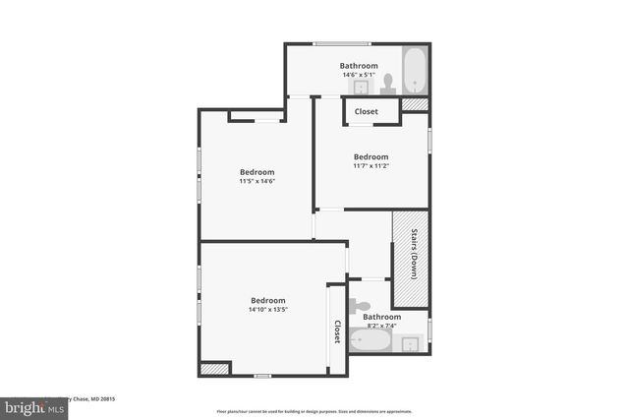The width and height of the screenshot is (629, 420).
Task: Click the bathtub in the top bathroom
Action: (x=415, y=70)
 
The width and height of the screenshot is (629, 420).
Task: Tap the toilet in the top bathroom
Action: (x=388, y=83)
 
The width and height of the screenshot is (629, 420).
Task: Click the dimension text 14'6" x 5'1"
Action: (x=359, y=76)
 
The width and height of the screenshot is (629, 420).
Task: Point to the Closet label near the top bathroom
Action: (x=366, y=112)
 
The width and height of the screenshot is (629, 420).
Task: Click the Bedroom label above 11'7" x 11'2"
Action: (x=371, y=156)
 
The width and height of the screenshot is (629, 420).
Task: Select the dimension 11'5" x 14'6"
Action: (x=256, y=181)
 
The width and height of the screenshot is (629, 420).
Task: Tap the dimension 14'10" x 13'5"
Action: (x=267, y=310)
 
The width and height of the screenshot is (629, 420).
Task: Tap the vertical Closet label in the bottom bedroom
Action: (x=337, y=331)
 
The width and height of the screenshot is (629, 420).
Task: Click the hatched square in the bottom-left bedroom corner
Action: (x=213, y=369)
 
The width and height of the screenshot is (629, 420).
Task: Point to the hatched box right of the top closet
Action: (x=415, y=103)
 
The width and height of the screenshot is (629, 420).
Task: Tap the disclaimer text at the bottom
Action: (x=314, y=411)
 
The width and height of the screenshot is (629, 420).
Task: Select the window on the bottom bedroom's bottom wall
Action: (x=262, y=376)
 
